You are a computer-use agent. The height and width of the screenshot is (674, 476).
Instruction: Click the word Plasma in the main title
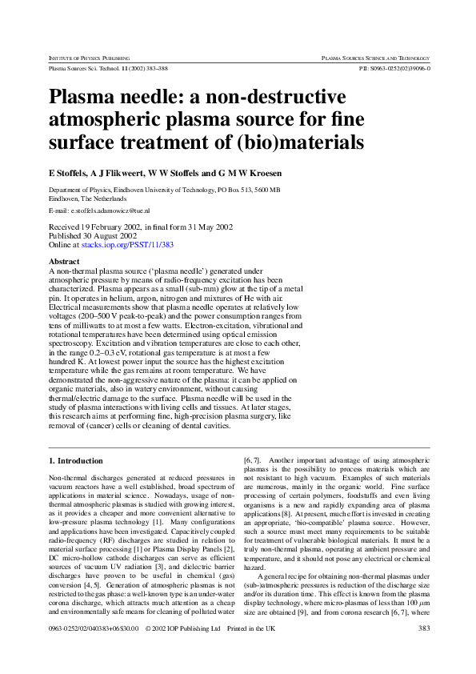click(x=86, y=99)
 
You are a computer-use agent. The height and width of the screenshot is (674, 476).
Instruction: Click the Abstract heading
click(x=65, y=262)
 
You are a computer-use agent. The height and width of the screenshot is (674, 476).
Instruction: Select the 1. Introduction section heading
click(x=76, y=461)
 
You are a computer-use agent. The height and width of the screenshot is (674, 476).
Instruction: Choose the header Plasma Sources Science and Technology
click(x=375, y=58)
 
